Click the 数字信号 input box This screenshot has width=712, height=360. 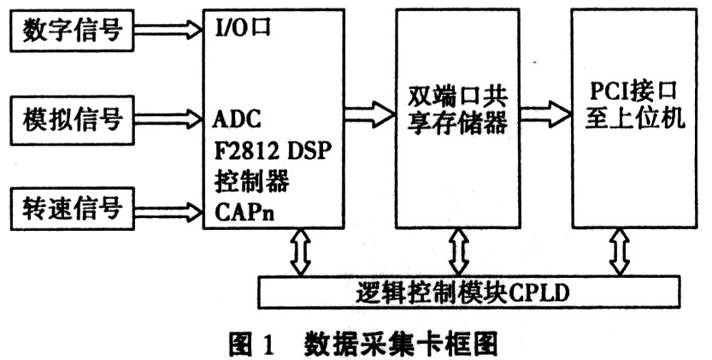[72, 30]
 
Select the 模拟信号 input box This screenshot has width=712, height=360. [72, 120]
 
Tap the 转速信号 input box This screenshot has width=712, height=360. [72, 209]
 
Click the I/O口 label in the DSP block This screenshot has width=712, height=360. [242, 28]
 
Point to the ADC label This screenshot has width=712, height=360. [237, 119]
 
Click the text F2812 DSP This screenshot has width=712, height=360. [271, 150]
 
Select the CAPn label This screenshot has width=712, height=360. [244, 212]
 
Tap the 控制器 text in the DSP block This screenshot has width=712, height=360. [251, 182]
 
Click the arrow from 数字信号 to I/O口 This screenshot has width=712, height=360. [168, 30]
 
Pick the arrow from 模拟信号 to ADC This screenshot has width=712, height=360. [168, 119]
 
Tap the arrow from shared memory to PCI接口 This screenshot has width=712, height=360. [545, 114]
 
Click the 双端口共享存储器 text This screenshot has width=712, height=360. [456, 109]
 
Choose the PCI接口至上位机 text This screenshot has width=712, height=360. [634, 105]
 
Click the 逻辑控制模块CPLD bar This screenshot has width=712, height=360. [469, 292]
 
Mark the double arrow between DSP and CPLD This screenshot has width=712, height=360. [301, 251]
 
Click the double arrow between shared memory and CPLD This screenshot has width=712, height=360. [459, 251]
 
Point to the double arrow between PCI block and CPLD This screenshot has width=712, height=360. [621, 251]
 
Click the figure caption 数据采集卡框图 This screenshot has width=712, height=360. [402, 344]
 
